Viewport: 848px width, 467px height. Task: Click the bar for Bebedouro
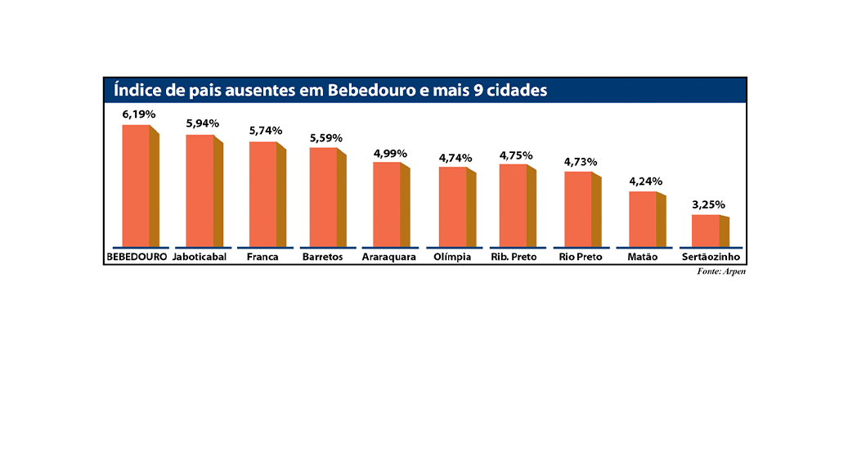[137, 186]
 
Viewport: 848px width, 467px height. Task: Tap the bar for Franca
[263, 194]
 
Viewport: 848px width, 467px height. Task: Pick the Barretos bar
[324, 197]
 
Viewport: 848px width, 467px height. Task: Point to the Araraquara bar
[388, 204]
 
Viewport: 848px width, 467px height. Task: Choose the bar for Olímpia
[453, 207]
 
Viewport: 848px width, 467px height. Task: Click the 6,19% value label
[139, 115]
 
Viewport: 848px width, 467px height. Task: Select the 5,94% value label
[202, 123]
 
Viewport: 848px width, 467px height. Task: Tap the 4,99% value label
[390, 153]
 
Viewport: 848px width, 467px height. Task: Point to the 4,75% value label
[516, 155]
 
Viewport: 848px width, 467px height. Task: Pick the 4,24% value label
[646, 182]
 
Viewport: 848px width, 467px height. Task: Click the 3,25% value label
[708, 204]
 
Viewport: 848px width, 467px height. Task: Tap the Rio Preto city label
[581, 257]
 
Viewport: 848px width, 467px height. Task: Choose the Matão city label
[643, 257]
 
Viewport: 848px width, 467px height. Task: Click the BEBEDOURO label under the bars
[137, 257]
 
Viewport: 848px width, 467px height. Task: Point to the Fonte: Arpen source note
[721, 272]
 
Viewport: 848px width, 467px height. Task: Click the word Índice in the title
[135, 90]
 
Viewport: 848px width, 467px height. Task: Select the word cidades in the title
[516, 90]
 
